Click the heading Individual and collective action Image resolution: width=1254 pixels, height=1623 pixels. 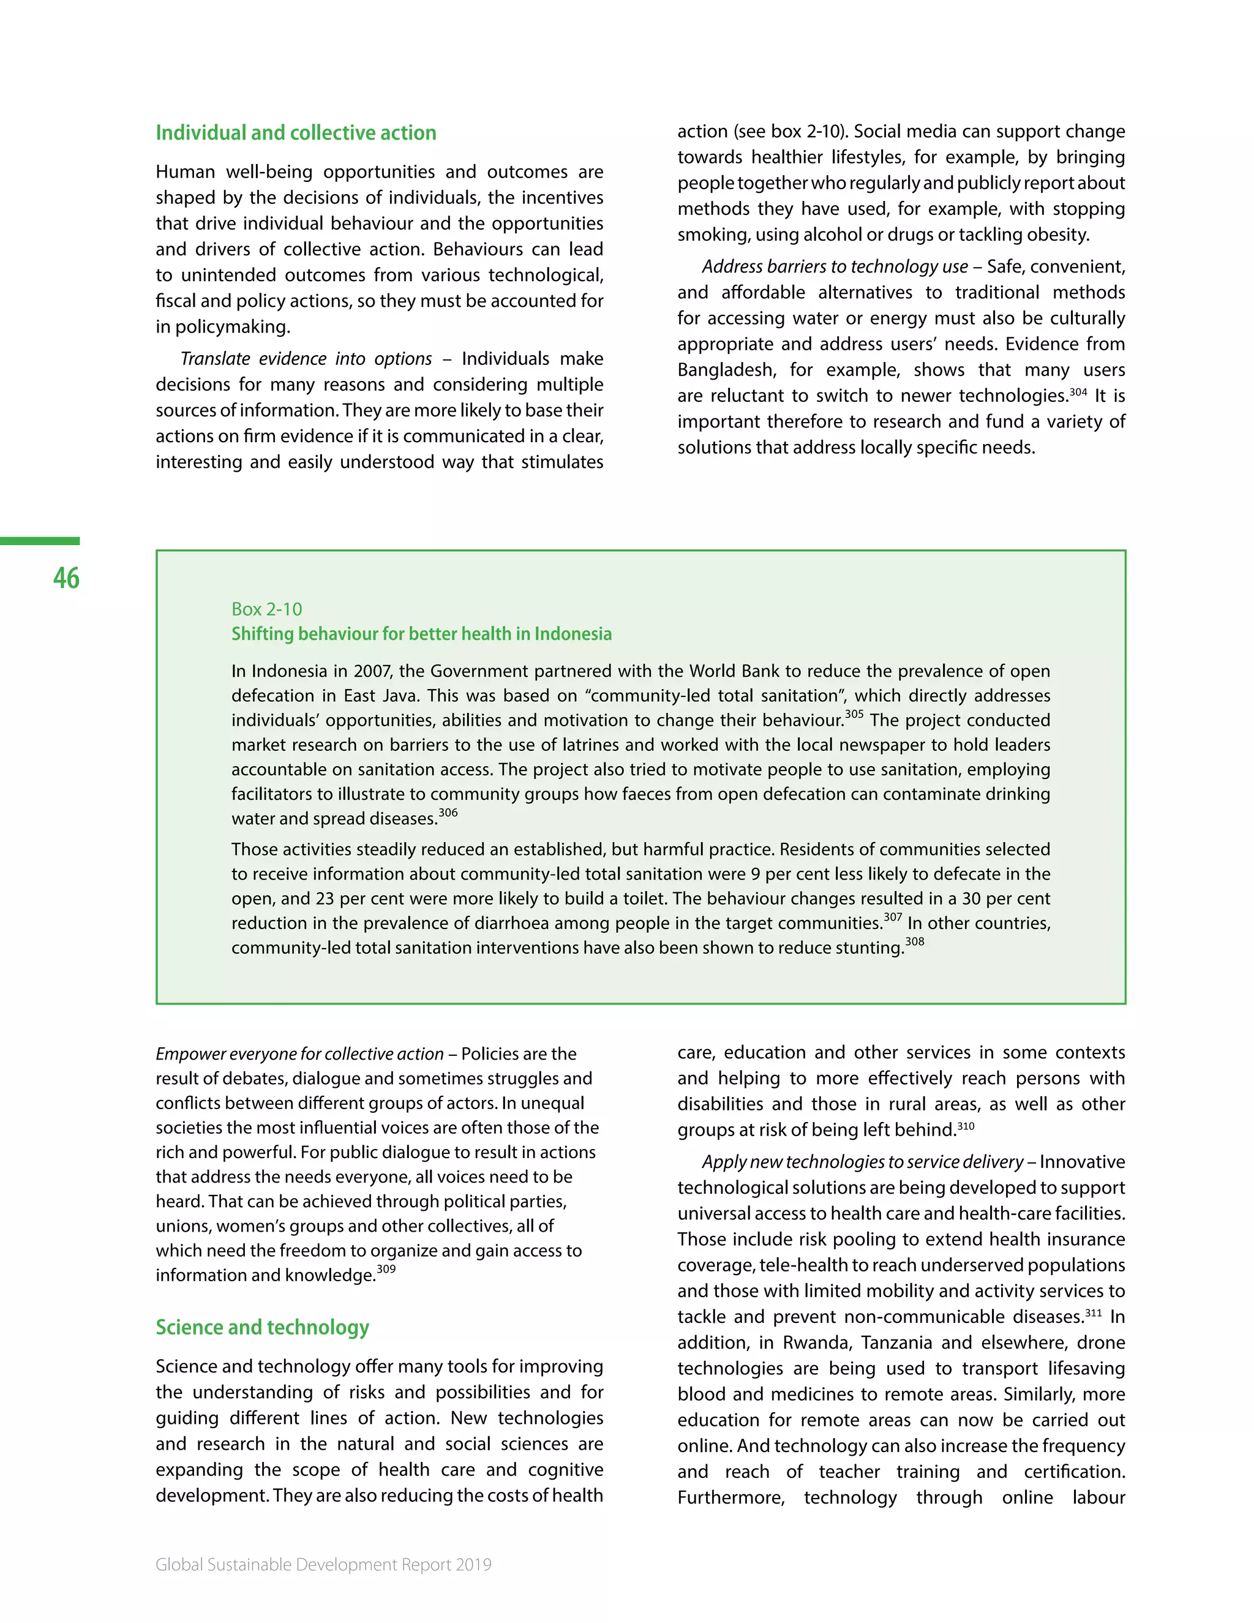(296, 133)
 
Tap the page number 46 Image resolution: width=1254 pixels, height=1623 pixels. (66, 578)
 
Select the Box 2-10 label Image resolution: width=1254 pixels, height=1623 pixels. (267, 609)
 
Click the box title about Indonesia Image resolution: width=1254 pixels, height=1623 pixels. (421, 634)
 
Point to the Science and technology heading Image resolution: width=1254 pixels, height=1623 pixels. (262, 1327)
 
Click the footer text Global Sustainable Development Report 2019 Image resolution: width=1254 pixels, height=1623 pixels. (323, 1564)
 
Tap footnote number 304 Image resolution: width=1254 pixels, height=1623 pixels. (1078, 391)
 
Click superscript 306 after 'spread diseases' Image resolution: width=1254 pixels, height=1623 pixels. (448, 813)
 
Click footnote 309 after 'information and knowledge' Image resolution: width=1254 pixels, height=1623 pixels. (386, 1269)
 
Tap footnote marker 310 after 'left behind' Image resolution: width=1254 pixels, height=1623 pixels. (966, 1126)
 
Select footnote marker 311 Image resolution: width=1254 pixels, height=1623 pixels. (1094, 1313)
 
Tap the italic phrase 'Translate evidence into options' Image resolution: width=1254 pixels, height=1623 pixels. (306, 359)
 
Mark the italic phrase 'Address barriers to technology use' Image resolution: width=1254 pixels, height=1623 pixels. (835, 267)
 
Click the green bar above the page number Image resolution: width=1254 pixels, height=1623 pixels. (39, 541)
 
